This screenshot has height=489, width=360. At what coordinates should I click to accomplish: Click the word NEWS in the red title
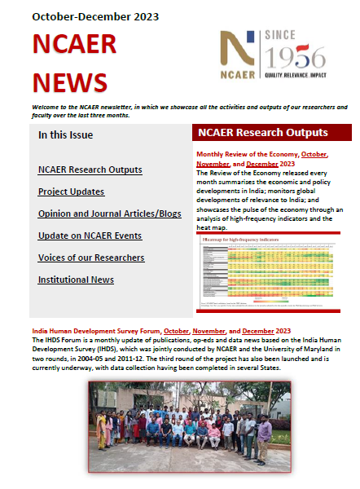coord(71,81)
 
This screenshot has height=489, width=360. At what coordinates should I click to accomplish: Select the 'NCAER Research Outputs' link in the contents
coord(90,170)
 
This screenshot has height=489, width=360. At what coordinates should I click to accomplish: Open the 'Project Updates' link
coord(71,192)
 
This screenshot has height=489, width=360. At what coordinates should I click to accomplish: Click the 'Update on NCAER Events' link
coord(90,236)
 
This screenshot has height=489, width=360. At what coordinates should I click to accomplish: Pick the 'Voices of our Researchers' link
coord(91,258)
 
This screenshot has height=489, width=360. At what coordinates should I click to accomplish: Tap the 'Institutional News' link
coord(76,280)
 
